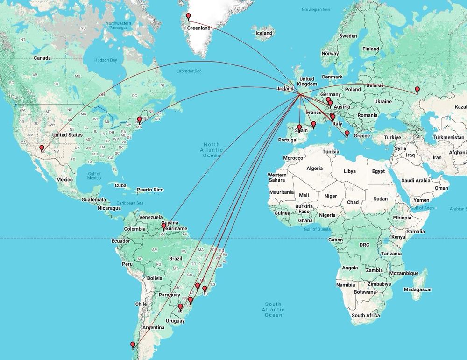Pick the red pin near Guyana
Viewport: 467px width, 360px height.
tap(163, 226)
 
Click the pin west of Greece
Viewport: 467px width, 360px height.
tap(347, 134)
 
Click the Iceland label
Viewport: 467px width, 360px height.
tap(264, 33)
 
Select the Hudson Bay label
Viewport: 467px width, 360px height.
tap(106, 60)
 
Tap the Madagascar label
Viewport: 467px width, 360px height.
tap(417, 289)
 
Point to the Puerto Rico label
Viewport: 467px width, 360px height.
tap(150, 190)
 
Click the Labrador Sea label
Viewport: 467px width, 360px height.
tap(189, 71)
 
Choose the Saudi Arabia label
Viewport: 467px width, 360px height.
tap(415, 180)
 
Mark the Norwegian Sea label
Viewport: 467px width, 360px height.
tap(315, 9)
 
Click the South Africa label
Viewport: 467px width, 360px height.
tap(366, 316)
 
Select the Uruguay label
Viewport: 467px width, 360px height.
tap(175, 321)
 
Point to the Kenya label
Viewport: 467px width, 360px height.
tap(398, 237)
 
